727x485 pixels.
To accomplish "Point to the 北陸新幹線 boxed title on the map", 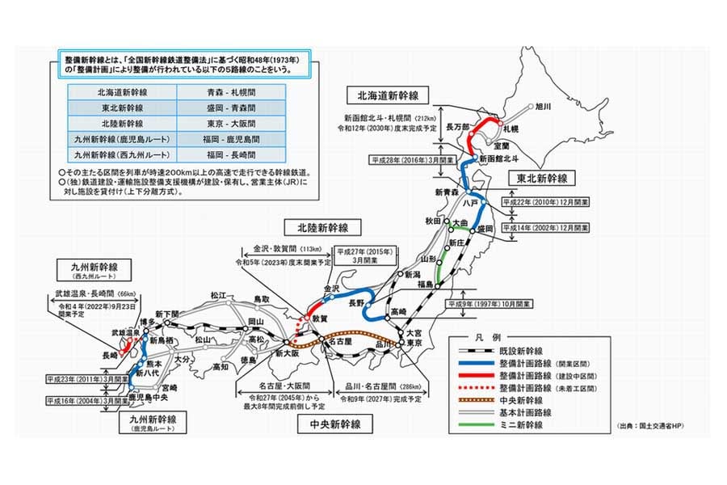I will point(322,227).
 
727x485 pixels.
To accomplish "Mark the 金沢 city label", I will point(333,288).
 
